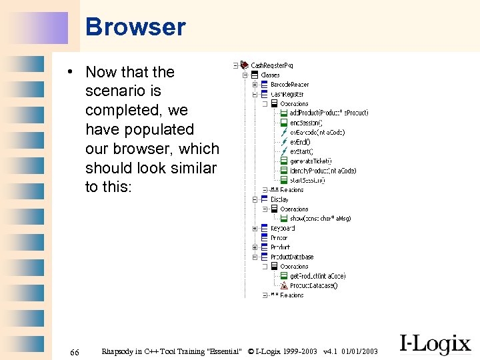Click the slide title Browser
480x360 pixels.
pos(135,27)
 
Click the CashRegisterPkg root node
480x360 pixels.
pos(271,65)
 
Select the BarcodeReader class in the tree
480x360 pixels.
pos(289,85)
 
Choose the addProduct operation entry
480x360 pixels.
pos(329,113)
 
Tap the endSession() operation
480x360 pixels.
pos(306,123)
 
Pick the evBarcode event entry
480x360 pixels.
pos(317,133)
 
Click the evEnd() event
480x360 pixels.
pos(300,142)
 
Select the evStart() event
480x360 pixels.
pos(301,151)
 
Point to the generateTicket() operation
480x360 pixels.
pos(311,161)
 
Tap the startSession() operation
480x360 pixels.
pos(307,180)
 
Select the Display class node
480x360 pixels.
pos(279,199)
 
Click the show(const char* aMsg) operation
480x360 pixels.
pos(320,219)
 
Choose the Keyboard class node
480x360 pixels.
pos(283,229)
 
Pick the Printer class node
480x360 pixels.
pos(279,238)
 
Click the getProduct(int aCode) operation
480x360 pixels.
pos(317,276)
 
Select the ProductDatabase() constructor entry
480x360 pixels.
pos(313,286)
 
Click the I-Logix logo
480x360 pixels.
pos(435,344)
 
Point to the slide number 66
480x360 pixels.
pos(75,351)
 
